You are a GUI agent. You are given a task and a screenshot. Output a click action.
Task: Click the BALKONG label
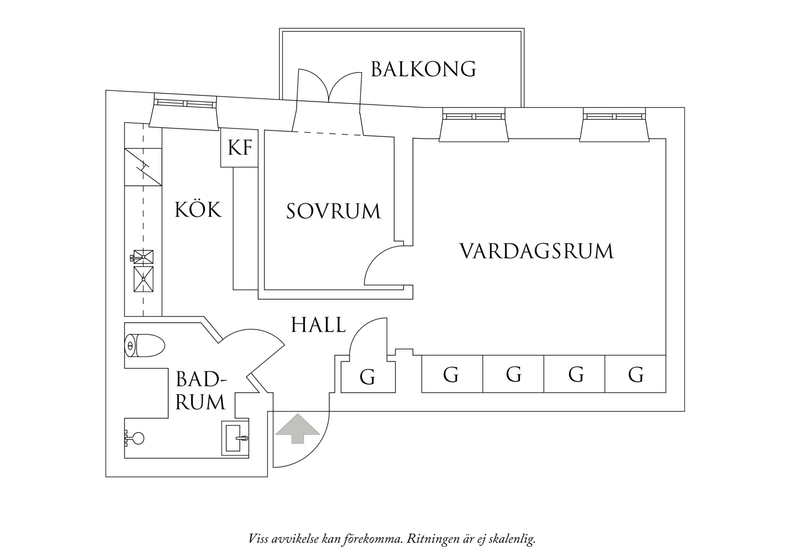point(423,69)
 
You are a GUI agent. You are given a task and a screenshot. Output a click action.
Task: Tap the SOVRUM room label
point(333,211)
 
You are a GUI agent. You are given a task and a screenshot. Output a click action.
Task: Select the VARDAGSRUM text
point(536,251)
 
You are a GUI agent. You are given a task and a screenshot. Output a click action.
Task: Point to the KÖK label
point(198,210)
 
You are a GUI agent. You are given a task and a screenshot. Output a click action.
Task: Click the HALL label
point(318,325)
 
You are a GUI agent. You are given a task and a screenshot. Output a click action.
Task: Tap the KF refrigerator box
point(239,148)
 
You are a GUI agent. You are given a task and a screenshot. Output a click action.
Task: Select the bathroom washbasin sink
point(235,436)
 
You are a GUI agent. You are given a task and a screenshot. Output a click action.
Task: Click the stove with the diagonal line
point(143,166)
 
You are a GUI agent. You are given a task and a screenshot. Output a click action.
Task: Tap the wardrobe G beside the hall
point(368,377)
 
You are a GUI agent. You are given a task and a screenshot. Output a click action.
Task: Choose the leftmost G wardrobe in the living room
point(452,374)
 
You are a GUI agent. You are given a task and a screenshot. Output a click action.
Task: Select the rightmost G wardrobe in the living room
point(635,374)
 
